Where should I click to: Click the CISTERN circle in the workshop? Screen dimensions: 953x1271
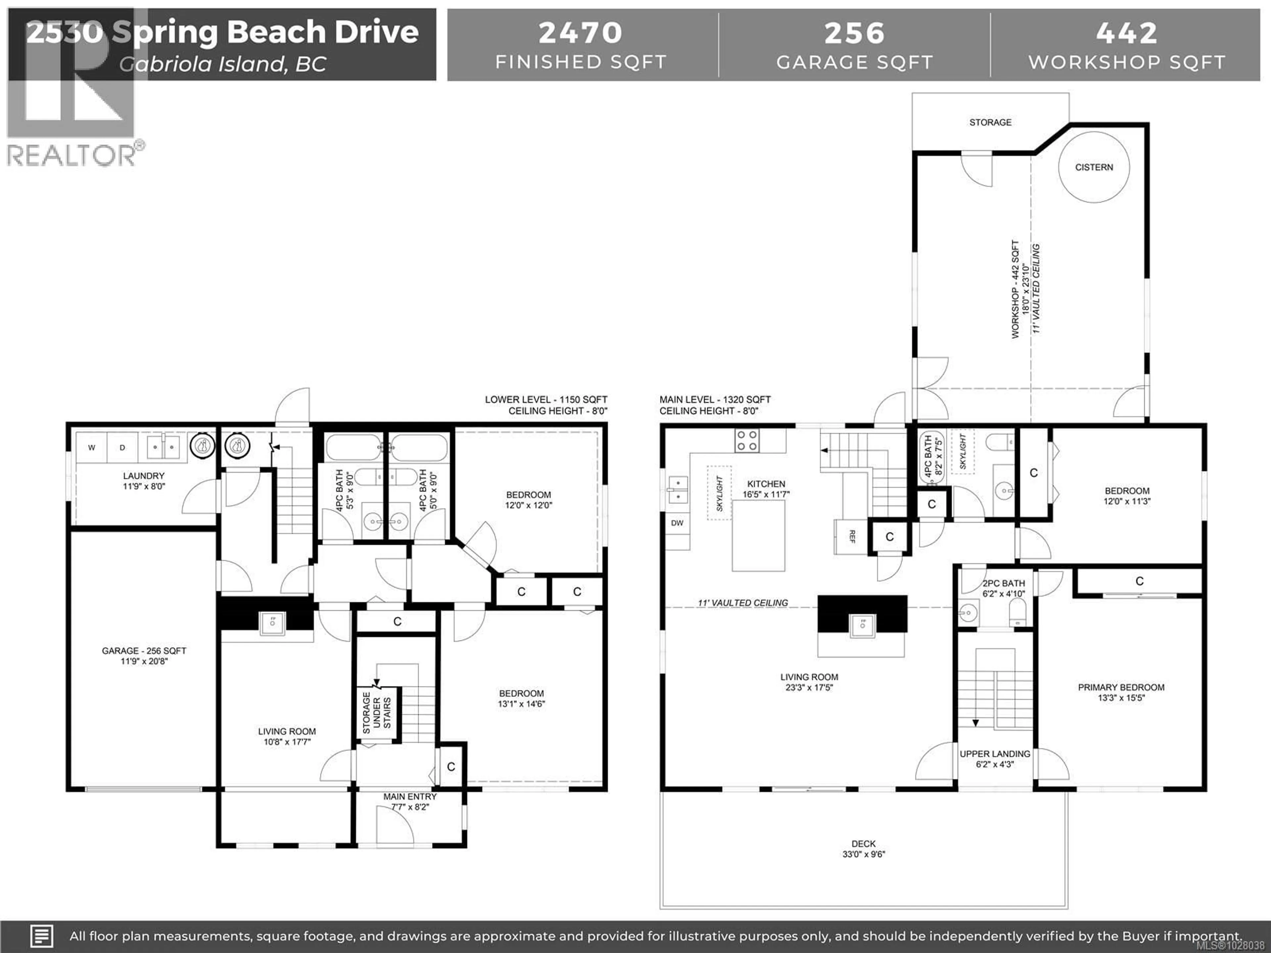pos(1094,167)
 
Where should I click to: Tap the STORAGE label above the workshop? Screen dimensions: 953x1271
pos(990,122)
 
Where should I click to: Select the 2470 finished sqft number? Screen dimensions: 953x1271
pos(580,33)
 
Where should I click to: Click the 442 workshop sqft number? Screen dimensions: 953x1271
pos(1126,33)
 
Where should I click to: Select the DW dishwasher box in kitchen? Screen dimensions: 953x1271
pos(677,523)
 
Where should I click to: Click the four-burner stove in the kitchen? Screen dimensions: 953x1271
pos(746,441)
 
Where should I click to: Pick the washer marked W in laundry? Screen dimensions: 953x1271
pos(91,447)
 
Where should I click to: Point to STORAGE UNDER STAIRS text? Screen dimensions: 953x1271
pos(376,713)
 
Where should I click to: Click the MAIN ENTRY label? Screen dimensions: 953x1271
pos(410,797)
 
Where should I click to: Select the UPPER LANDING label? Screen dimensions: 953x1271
pos(995,754)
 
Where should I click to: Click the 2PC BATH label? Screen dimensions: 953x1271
pos(1003,583)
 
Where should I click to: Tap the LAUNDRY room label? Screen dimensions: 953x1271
pos(144,476)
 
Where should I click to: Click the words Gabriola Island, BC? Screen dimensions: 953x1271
pos(222,64)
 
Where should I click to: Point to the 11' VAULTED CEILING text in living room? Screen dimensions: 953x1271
pos(742,603)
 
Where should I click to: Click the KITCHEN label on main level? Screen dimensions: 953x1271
pos(766,484)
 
